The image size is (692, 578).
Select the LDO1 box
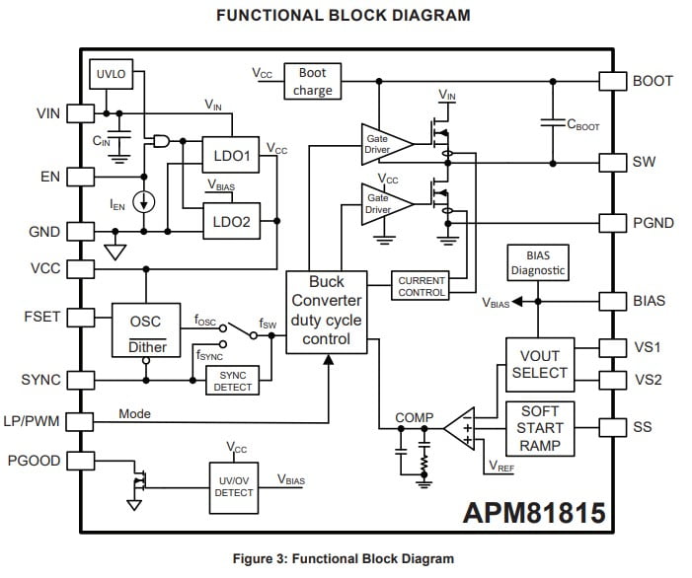click(x=231, y=155)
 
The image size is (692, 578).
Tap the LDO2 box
click(x=231, y=222)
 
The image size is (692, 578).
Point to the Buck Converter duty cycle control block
click(x=326, y=311)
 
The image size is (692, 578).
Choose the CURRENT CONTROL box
click(x=421, y=287)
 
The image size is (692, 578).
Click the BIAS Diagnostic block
click(x=538, y=263)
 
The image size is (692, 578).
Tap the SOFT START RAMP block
click(x=539, y=427)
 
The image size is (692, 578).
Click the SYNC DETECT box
click(x=233, y=382)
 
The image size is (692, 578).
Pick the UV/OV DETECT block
click(x=233, y=485)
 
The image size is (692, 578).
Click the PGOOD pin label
click(x=36, y=461)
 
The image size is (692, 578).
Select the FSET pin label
click(x=41, y=318)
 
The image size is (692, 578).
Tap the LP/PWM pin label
click(x=35, y=421)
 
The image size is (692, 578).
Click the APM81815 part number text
click(x=534, y=513)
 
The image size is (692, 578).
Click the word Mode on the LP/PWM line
click(x=134, y=414)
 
